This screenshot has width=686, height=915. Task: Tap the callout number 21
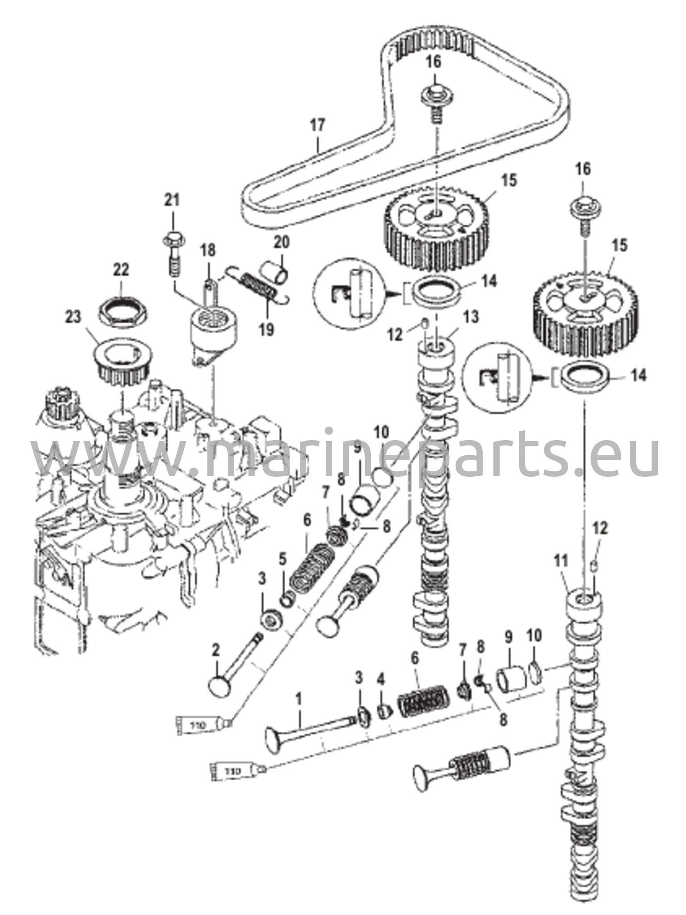tap(172, 200)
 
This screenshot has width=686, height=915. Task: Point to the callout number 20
tap(282, 243)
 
